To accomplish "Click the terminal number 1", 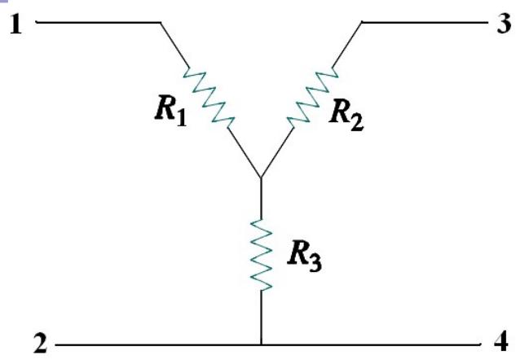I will point(15,24).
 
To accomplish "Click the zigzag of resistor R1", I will point(207,94).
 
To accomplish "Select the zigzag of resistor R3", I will point(260,252).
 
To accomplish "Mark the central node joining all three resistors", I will point(260,178).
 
